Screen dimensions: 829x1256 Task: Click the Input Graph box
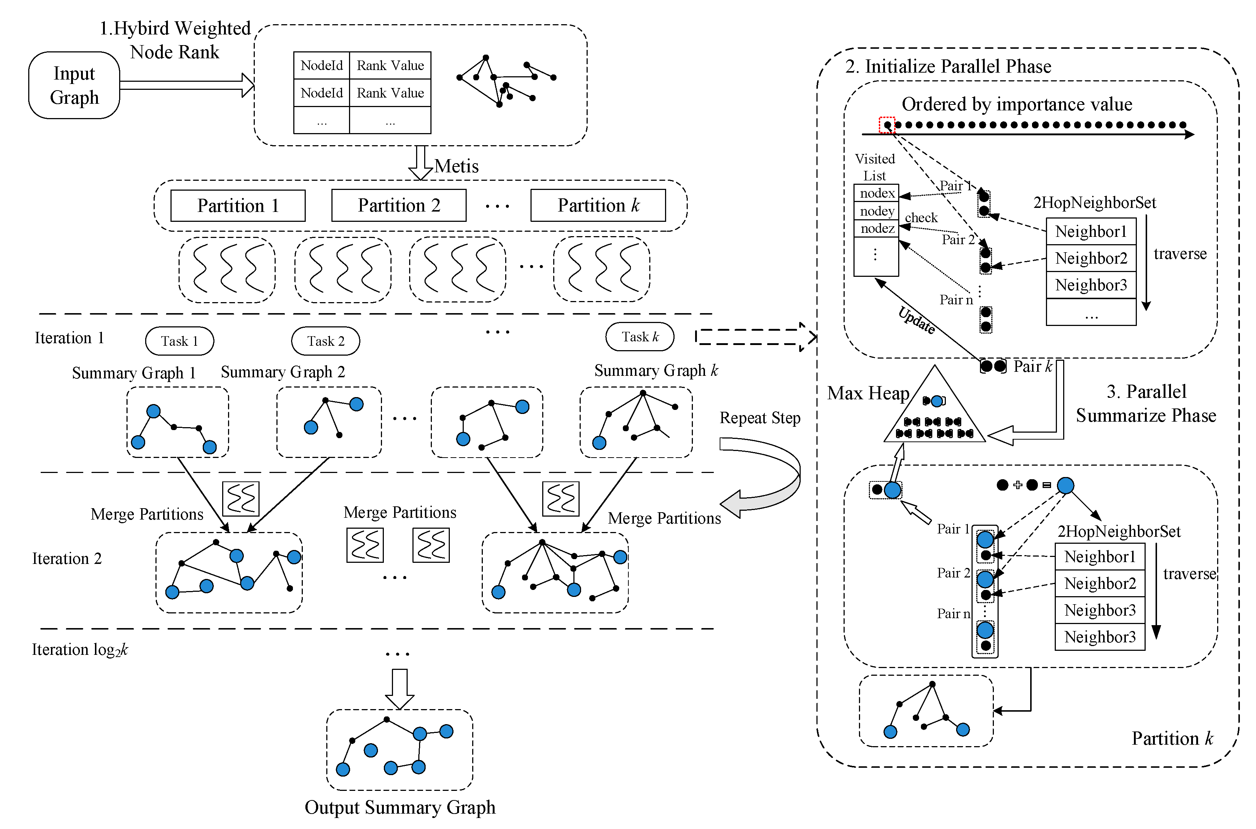pos(74,85)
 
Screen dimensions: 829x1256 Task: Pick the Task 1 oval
pos(180,341)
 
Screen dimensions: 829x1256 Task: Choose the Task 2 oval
pos(326,341)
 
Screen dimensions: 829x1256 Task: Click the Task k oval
pos(640,337)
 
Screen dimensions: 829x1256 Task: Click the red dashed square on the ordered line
pos(886,125)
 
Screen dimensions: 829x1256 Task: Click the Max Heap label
pos(868,393)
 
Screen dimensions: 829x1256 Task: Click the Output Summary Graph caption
pos(400,807)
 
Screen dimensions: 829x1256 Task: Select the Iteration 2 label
pos(67,558)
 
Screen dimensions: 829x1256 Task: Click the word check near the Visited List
pos(921,217)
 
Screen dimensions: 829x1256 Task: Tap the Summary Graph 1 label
pos(134,373)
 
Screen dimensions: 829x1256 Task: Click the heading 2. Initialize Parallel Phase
pos(948,67)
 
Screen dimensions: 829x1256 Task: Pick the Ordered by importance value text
pos(1017,104)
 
